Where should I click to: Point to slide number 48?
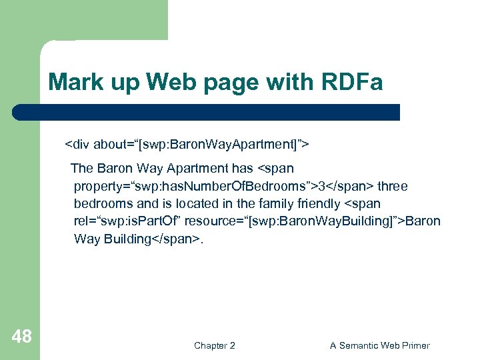pos(21,337)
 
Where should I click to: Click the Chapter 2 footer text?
pos(214,345)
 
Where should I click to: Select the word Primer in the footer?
pos(413,345)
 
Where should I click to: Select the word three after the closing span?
pos(393,186)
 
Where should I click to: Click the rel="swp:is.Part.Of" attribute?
pos(129,221)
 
